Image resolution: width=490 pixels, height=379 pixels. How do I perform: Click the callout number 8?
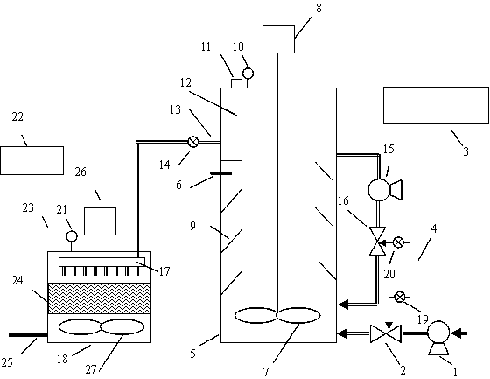pos(318,9)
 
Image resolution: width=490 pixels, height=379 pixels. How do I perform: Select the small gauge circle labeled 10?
pos(248,74)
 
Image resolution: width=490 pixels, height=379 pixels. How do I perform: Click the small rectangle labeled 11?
pos(236,83)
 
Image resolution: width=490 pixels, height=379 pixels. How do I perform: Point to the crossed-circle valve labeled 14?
pos(193,142)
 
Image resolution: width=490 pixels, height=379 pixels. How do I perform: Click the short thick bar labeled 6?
pos(220,173)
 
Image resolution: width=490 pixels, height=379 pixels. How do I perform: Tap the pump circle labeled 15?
pos(379,189)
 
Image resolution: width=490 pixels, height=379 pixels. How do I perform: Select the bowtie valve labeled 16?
pos(377,241)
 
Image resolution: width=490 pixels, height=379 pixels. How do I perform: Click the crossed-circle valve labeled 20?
pos(398,242)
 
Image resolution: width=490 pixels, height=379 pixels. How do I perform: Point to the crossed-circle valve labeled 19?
pos(400,297)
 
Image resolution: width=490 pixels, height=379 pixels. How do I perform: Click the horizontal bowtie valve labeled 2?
pos(386,334)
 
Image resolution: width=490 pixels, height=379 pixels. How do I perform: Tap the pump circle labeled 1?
pos(438,332)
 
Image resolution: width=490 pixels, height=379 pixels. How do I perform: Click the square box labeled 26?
pos(100,221)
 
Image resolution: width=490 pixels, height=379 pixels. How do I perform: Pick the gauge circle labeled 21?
pos(72,236)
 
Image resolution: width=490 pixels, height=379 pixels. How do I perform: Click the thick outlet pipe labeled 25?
pos(28,335)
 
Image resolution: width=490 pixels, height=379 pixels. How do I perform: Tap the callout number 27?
pos(91,370)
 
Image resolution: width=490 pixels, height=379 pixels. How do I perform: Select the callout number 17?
pos(164,271)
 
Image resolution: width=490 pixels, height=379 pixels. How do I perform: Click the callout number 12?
pos(185,82)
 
